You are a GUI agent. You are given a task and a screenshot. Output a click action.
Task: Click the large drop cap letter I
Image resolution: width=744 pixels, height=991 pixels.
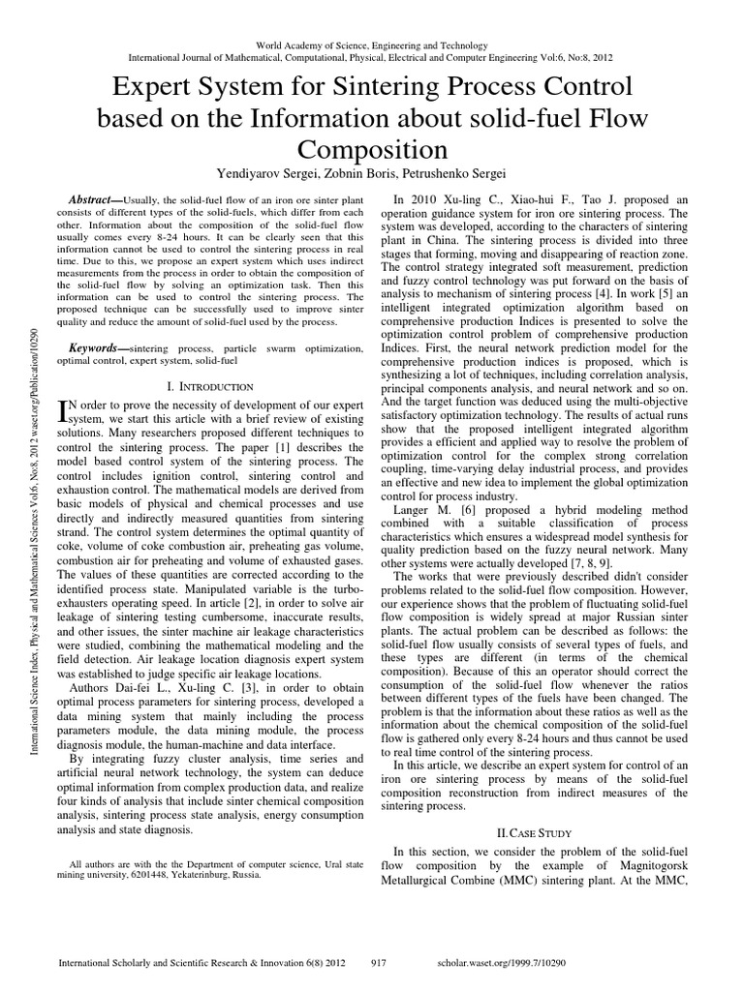[67, 412]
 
